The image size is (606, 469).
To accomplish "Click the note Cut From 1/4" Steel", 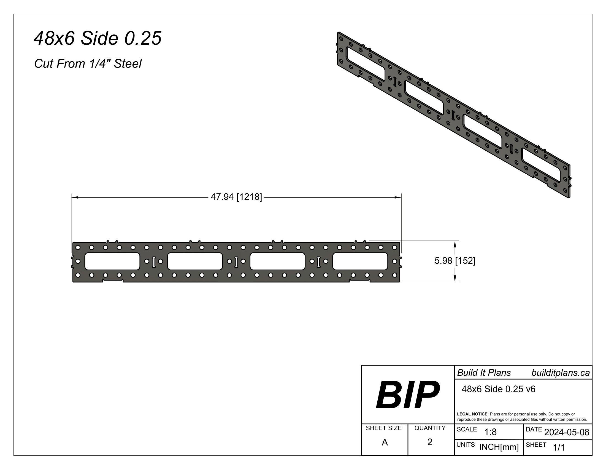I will click(x=88, y=64).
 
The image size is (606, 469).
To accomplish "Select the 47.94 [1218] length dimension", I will click(x=236, y=197).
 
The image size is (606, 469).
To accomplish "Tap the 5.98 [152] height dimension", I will click(x=454, y=261).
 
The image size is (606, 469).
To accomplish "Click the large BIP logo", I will click(x=407, y=395).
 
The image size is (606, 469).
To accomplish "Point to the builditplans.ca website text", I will click(x=560, y=373).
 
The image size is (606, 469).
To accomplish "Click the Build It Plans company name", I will click(x=484, y=373).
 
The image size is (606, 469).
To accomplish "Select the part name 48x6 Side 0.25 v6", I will click(x=498, y=389).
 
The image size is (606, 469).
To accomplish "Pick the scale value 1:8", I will click(x=490, y=432).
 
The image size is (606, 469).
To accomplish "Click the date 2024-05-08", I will click(x=567, y=432).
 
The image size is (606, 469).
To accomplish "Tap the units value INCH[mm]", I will click(x=499, y=447).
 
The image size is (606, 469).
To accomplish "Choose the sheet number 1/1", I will click(x=559, y=447).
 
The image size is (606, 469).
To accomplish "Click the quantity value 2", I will click(x=429, y=442).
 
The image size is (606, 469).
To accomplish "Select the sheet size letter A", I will click(x=385, y=442).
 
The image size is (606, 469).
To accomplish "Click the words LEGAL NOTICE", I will click(x=472, y=414).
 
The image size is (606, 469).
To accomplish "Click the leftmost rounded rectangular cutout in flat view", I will click(x=112, y=261).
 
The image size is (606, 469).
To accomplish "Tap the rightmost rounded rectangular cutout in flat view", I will click(x=360, y=261).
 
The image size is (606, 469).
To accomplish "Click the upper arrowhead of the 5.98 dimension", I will click(x=455, y=244).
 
